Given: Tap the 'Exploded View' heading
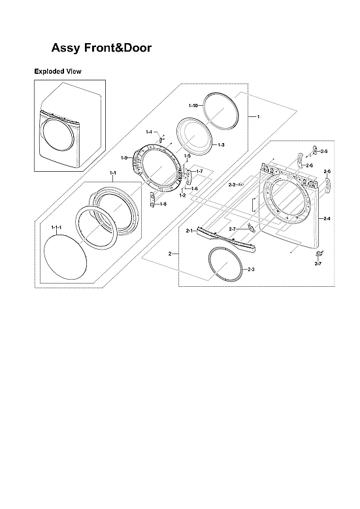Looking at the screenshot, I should point(57,71).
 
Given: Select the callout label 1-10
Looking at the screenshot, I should point(193,105).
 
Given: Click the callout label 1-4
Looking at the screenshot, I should point(149,132).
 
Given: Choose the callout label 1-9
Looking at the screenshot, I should point(124,157).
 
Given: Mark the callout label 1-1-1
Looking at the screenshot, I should point(56,227).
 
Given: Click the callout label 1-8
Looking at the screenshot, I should point(163,204).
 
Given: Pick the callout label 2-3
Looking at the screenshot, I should point(252,269).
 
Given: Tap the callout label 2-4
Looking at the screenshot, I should point(327,218).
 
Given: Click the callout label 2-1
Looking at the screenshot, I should point(189,231).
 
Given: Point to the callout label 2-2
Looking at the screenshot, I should point(231,185).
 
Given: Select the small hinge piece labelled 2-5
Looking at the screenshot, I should point(314,152).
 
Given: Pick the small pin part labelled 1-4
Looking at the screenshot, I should point(160,140).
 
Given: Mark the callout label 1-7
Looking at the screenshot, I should point(200,171).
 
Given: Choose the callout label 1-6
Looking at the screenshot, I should point(194,188).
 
